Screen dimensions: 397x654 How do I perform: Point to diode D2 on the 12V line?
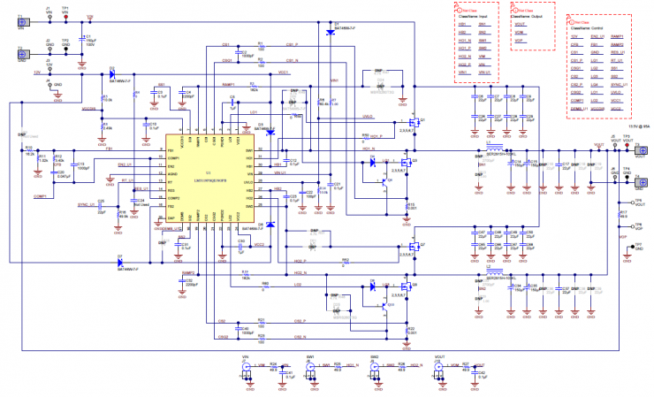(112, 74)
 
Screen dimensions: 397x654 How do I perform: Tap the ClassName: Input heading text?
(476, 16)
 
